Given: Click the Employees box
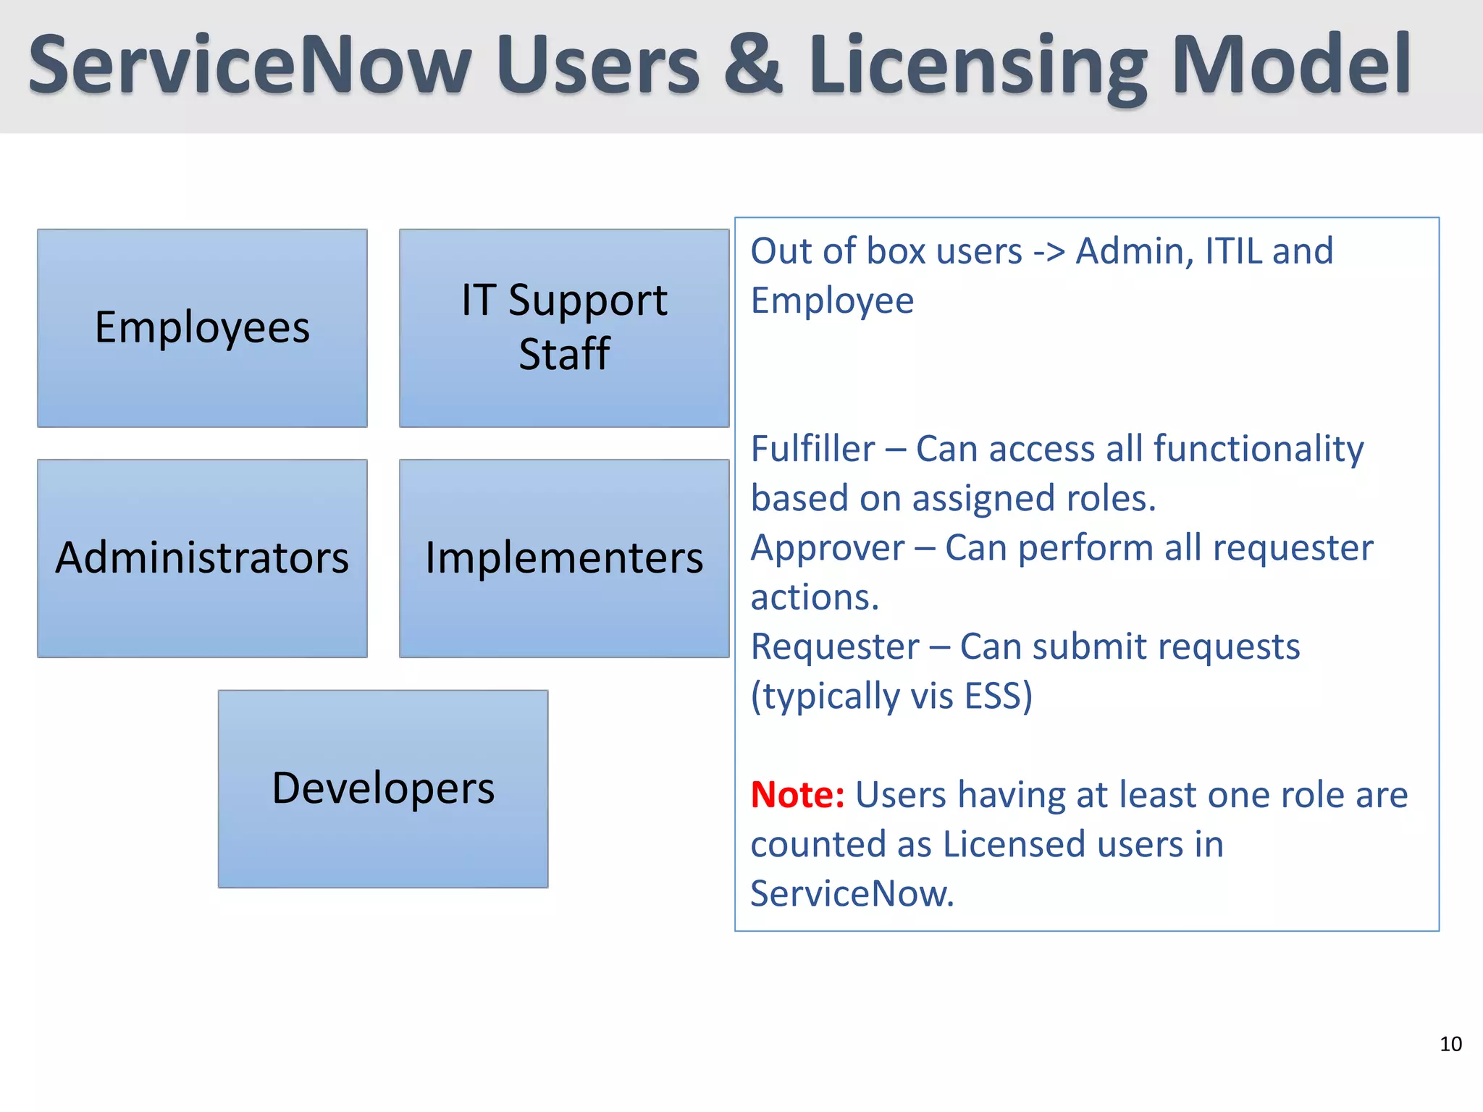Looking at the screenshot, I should click(202, 328).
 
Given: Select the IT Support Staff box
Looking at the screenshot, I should click(564, 328).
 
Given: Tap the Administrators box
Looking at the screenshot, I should click(202, 558).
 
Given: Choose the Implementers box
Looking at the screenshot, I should click(564, 558).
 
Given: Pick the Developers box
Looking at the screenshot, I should click(383, 788).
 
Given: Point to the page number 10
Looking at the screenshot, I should click(1450, 1044).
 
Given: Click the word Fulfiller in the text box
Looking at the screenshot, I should click(812, 449).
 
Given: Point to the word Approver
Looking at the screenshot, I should click(828, 549).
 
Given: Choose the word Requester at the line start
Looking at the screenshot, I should click(835, 646).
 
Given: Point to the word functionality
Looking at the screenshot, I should click(1259, 449).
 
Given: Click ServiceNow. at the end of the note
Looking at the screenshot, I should click(852, 893).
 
